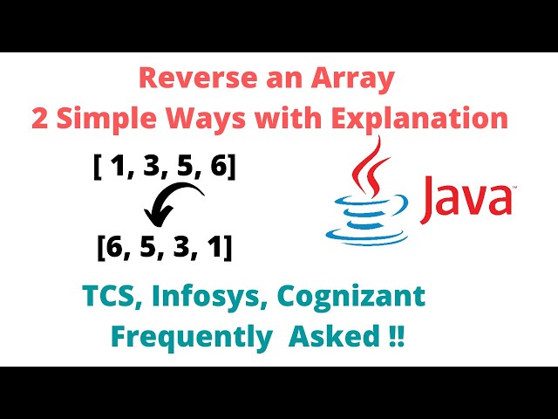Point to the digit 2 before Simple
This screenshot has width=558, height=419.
40,119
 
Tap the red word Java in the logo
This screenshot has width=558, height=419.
466,198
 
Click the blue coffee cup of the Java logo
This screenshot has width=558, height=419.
367,221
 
